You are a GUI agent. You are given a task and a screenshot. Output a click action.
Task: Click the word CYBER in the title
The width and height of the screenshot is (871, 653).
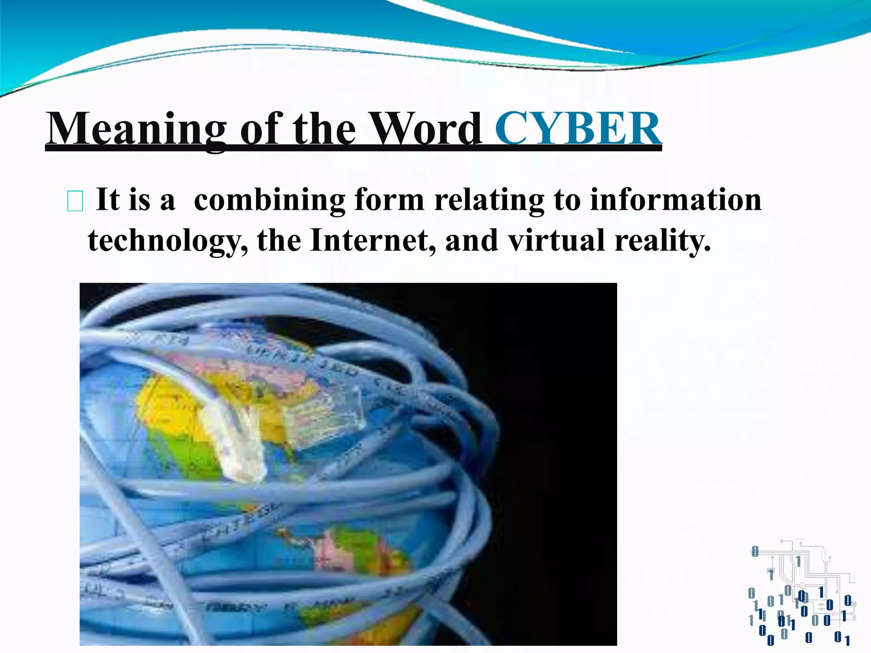coord(578,128)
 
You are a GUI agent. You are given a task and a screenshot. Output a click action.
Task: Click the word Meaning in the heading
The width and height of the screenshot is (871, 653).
coord(136,128)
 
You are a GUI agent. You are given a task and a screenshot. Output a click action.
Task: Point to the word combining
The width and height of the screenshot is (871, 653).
coord(269,200)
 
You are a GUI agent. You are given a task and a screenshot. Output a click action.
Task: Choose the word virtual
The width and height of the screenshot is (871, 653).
coord(556,241)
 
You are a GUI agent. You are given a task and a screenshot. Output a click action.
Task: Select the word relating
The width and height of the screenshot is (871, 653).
coord(489,200)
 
